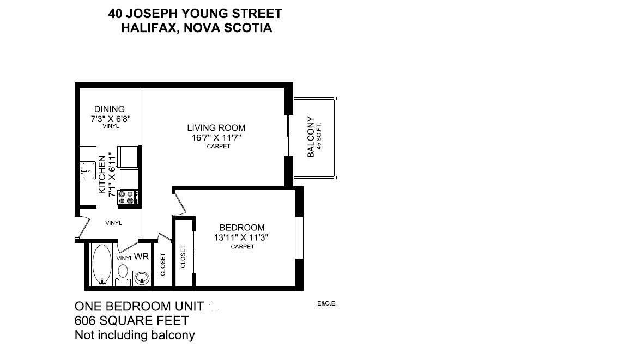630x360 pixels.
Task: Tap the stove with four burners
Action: point(126,197)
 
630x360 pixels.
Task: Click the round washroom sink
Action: point(142,278)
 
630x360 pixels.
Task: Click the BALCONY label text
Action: point(311,137)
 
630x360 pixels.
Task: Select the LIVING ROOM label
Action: point(216,128)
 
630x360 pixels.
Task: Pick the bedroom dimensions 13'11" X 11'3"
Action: point(242,237)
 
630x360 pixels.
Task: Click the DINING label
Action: point(109,109)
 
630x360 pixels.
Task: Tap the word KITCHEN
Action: point(102,175)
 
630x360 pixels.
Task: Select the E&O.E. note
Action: point(326,304)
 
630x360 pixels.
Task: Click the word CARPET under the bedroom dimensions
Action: point(243,247)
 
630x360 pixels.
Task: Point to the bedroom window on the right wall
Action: point(298,238)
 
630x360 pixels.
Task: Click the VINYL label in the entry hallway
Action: point(113,223)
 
